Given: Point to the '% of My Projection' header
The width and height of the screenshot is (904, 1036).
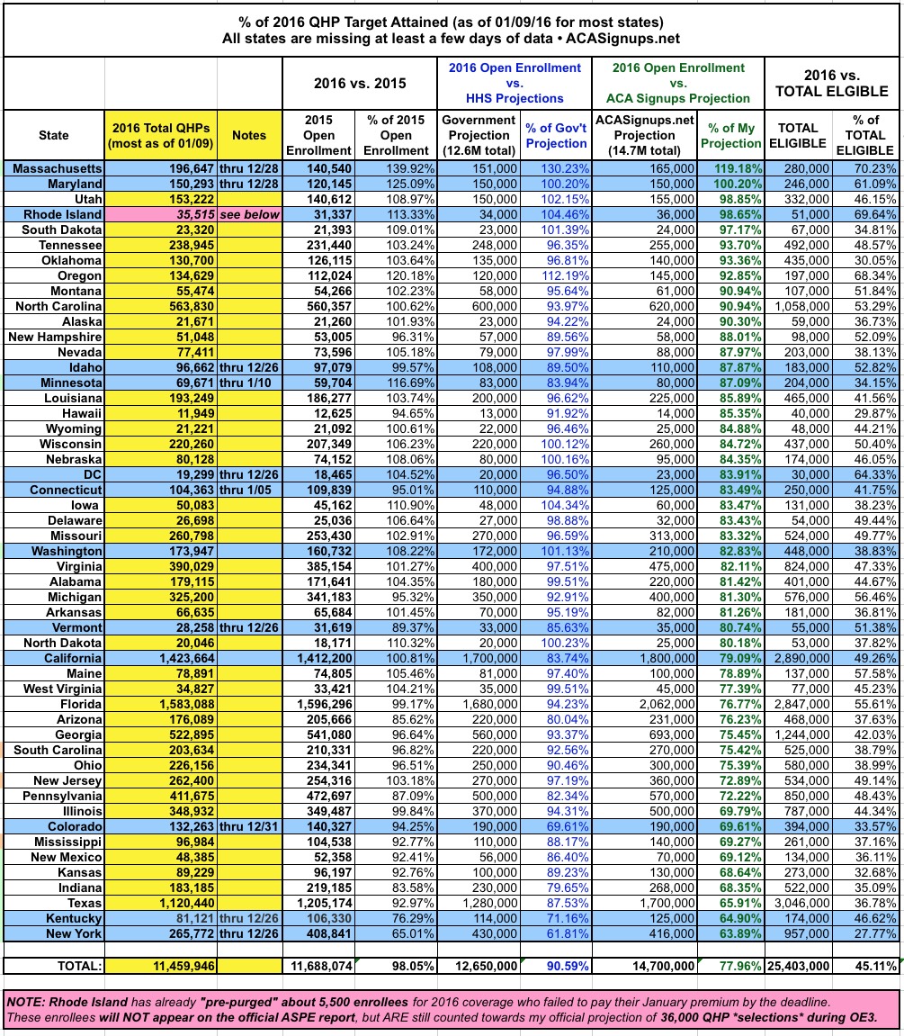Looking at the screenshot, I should pos(729,135).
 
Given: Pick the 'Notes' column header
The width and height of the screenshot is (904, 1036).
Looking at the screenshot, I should pos(249,135).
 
